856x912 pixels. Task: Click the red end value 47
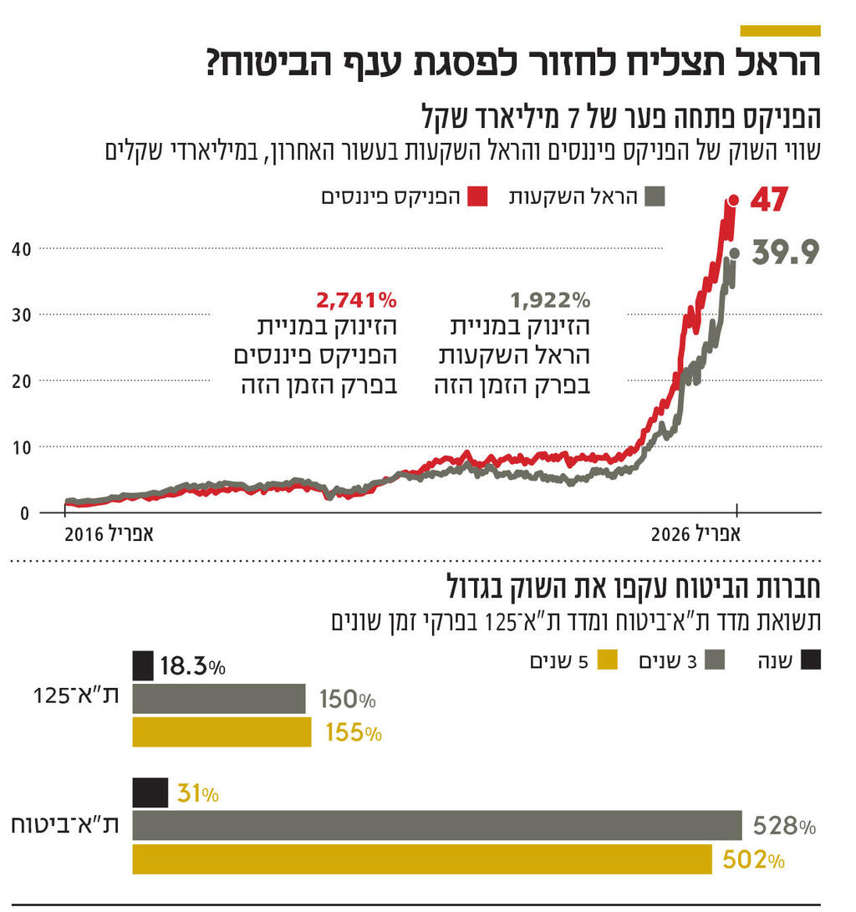pyautogui.click(x=770, y=201)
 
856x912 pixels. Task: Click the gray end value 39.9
pyautogui.click(x=785, y=252)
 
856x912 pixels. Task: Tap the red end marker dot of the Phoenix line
pyautogui.click(x=733, y=200)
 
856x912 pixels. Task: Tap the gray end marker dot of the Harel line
pyautogui.click(x=734, y=252)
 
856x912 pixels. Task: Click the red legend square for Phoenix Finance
pyautogui.click(x=477, y=197)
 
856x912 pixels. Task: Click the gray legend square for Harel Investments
pyautogui.click(x=655, y=197)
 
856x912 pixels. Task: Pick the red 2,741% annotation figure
pyautogui.click(x=356, y=298)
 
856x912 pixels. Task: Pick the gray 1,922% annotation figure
pyautogui.click(x=550, y=298)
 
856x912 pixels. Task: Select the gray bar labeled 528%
pyautogui.click(x=436, y=825)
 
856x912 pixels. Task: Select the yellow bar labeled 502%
pyautogui.click(x=422, y=859)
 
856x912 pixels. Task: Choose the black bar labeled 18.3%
pyautogui.click(x=143, y=666)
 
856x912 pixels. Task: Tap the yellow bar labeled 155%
pyautogui.click(x=222, y=731)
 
